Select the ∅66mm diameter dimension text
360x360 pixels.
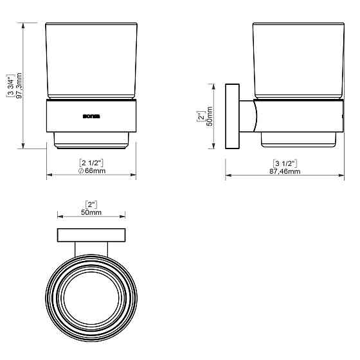pos(91,171)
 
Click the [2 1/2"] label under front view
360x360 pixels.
pos(91,162)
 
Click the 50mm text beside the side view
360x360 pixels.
pos(210,117)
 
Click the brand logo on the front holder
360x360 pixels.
pos(91,116)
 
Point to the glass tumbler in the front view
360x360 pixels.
pos(91,61)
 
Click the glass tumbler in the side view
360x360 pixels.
pos(296,61)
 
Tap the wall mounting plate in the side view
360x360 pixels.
pos(232,116)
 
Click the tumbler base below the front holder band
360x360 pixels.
pos(91,139)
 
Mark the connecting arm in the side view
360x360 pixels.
pos(248,116)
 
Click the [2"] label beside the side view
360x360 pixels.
pos(201,117)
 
